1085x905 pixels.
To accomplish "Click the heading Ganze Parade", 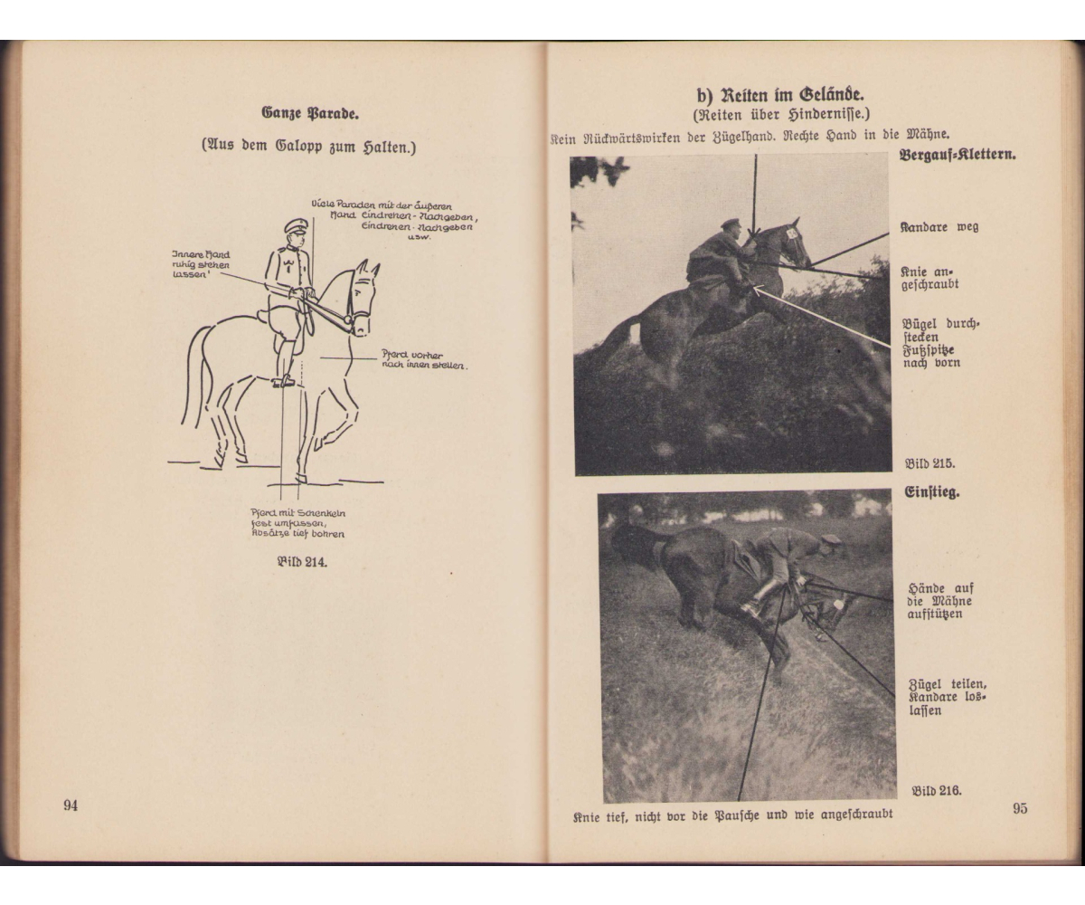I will (309, 114).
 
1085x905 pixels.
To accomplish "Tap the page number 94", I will (71, 805).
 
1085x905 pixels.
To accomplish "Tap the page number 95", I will (1019, 808).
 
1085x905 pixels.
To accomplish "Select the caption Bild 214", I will (301, 562).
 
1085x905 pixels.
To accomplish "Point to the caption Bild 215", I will (930, 463).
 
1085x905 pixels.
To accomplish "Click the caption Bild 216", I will (936, 790).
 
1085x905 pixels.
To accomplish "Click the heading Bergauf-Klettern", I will (957, 155).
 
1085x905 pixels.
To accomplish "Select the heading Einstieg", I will (931, 493).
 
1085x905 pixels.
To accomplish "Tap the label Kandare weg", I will (939, 227).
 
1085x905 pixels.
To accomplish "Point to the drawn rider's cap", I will (296, 225).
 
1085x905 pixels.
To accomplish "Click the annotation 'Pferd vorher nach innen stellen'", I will (422, 360).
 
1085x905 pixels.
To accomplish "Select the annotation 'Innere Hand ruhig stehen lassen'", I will (200, 264).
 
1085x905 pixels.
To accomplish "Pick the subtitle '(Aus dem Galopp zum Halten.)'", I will (308, 147).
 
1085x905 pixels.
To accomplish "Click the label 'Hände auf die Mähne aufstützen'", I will (940, 601).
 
